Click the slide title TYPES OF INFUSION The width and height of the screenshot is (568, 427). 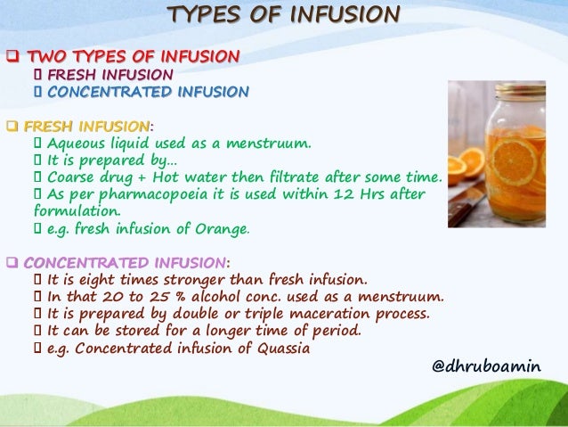click(x=284, y=16)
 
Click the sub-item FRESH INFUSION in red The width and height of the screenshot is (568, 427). click(x=110, y=75)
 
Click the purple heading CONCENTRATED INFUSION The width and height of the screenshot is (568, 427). click(x=124, y=262)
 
